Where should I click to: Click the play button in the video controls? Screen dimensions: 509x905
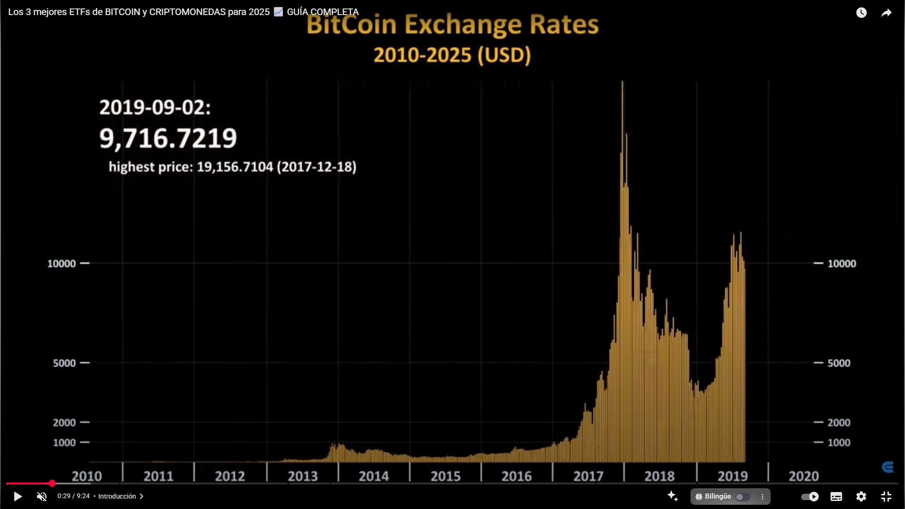(x=17, y=496)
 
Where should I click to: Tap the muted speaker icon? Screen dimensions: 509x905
(x=42, y=496)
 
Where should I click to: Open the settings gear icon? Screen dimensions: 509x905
(x=861, y=496)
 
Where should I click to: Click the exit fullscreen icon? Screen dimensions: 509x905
(x=886, y=496)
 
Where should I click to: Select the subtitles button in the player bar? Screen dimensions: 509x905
(x=836, y=496)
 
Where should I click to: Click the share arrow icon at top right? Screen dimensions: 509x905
(x=886, y=13)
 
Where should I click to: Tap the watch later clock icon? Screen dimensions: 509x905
(x=861, y=13)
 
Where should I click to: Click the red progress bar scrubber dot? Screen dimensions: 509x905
(x=52, y=483)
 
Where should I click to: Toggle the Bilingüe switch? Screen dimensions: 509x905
(x=742, y=497)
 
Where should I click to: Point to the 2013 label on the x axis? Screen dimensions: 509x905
(x=303, y=476)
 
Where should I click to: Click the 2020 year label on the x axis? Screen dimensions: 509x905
(x=804, y=476)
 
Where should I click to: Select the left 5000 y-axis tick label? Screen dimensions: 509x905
(x=64, y=363)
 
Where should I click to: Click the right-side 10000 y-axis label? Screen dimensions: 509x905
(x=842, y=263)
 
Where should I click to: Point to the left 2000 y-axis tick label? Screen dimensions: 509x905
(x=64, y=422)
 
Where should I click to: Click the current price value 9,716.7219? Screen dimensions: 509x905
(x=168, y=138)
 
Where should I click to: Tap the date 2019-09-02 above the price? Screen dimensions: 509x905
(x=155, y=107)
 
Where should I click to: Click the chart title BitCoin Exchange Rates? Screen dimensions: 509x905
(x=452, y=25)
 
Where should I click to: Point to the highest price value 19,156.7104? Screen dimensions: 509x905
(x=235, y=167)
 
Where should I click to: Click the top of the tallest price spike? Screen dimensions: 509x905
(x=622, y=82)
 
